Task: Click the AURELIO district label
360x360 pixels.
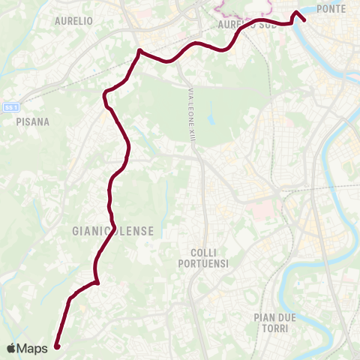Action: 73,21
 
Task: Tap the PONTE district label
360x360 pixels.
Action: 331,8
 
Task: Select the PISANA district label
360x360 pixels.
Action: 32,121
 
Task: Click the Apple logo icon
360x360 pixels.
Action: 13,348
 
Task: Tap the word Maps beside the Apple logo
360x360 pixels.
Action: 33,348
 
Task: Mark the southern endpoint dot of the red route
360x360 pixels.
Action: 57,346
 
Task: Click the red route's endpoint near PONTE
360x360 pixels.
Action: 303,19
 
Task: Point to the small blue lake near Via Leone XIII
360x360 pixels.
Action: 211,118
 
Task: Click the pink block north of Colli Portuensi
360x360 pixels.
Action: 260,208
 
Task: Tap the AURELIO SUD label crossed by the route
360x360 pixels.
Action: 247,25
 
